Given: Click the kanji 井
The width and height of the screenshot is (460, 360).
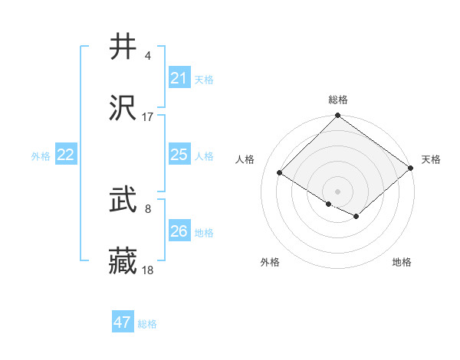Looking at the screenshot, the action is click(123, 47).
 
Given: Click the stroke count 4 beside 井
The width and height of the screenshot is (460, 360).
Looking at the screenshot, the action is click(147, 56).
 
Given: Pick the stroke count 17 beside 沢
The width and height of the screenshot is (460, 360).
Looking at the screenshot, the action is click(148, 116).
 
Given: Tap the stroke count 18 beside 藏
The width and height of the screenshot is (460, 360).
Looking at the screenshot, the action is click(148, 270).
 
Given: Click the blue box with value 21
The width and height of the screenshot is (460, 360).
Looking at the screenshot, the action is click(179, 78).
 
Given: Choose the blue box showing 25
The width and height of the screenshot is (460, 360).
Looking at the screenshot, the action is click(179, 155).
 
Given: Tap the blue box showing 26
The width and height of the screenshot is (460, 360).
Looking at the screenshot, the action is click(179, 231).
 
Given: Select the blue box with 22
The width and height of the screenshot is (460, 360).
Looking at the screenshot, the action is click(65, 155).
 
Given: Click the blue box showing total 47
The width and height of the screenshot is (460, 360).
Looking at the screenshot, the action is click(122, 322).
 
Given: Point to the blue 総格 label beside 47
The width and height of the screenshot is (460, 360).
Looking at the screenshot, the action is click(147, 324).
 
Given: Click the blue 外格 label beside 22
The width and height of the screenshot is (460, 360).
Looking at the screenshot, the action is click(41, 156).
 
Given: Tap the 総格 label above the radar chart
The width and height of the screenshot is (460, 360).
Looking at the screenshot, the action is click(338, 100).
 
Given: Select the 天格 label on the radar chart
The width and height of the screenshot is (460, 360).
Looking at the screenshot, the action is click(431, 159).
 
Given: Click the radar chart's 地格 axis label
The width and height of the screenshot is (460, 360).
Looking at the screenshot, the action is click(402, 263).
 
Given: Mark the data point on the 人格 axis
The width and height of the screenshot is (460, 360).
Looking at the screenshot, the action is click(280, 172).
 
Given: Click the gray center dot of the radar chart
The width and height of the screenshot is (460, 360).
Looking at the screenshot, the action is click(338, 191).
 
